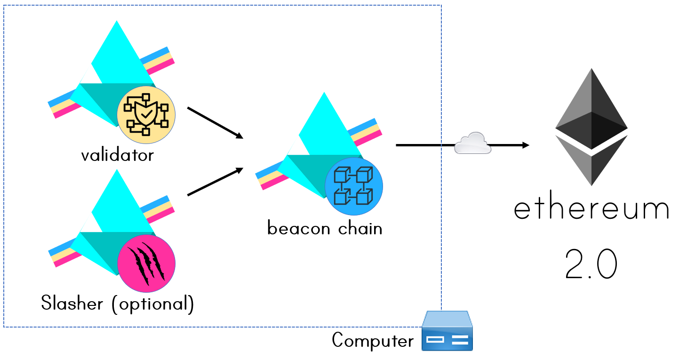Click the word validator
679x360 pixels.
click(117, 155)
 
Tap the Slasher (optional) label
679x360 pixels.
click(117, 304)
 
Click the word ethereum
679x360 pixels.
click(591, 209)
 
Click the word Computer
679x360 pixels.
click(373, 340)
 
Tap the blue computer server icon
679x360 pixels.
click(447, 331)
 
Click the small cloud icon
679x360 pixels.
click(472, 143)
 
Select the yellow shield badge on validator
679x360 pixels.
click(146, 115)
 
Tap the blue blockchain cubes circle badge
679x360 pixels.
click(354, 186)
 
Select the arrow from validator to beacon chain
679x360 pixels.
click(215, 123)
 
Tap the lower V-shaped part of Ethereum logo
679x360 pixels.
click(591, 162)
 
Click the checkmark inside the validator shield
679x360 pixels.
click(146, 114)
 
